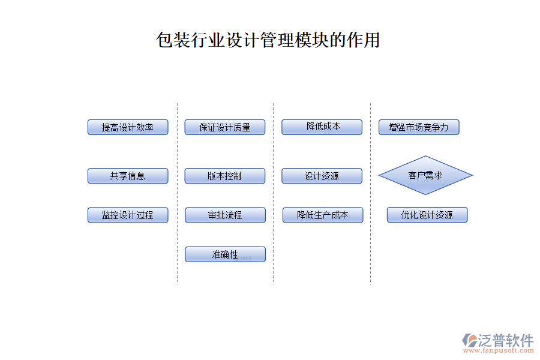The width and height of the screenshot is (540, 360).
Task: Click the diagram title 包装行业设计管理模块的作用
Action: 268,40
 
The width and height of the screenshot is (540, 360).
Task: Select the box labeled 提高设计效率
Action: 128,127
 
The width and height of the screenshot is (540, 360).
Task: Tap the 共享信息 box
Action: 128,176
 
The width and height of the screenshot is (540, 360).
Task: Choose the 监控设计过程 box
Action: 128,215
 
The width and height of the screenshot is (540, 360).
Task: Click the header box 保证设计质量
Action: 225,127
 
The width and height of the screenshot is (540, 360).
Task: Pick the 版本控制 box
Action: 225,176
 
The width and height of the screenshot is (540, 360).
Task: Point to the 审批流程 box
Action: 225,215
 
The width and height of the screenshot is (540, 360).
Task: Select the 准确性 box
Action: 225,254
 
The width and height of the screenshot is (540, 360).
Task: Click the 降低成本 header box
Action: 322,127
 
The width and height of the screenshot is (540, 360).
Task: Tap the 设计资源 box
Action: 322,176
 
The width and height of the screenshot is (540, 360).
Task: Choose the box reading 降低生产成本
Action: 323,215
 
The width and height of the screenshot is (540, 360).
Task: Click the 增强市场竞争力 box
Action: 419,127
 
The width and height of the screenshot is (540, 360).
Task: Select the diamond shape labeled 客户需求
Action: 425,175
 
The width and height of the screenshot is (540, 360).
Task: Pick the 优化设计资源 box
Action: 427,215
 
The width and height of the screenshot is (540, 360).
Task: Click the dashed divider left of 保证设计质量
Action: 177,192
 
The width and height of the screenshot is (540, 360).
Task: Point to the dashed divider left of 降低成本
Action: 274,192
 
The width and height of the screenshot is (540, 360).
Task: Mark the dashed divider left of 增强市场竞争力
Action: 370,192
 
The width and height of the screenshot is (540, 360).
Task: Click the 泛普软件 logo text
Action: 505,340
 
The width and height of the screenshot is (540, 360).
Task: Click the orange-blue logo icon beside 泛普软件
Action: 469,340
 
